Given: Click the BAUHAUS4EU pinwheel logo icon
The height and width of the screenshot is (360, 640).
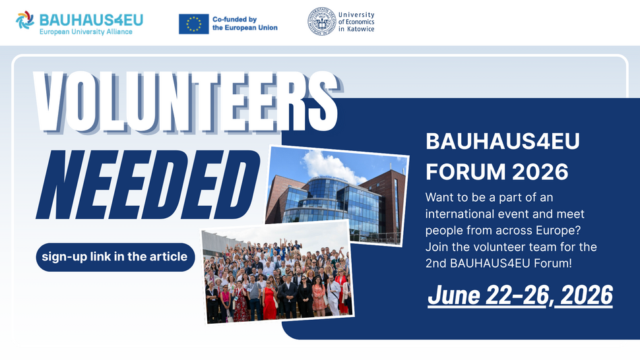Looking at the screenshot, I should point(25,21).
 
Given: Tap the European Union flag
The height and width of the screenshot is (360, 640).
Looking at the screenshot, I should point(194,24).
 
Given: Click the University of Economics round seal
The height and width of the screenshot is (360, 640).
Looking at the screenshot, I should point(321,21).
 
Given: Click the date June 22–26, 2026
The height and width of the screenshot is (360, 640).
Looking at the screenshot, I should point(520,295).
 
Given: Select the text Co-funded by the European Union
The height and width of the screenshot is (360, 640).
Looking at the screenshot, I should point(245,24).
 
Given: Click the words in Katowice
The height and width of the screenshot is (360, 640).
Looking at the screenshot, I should point(356,30).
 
